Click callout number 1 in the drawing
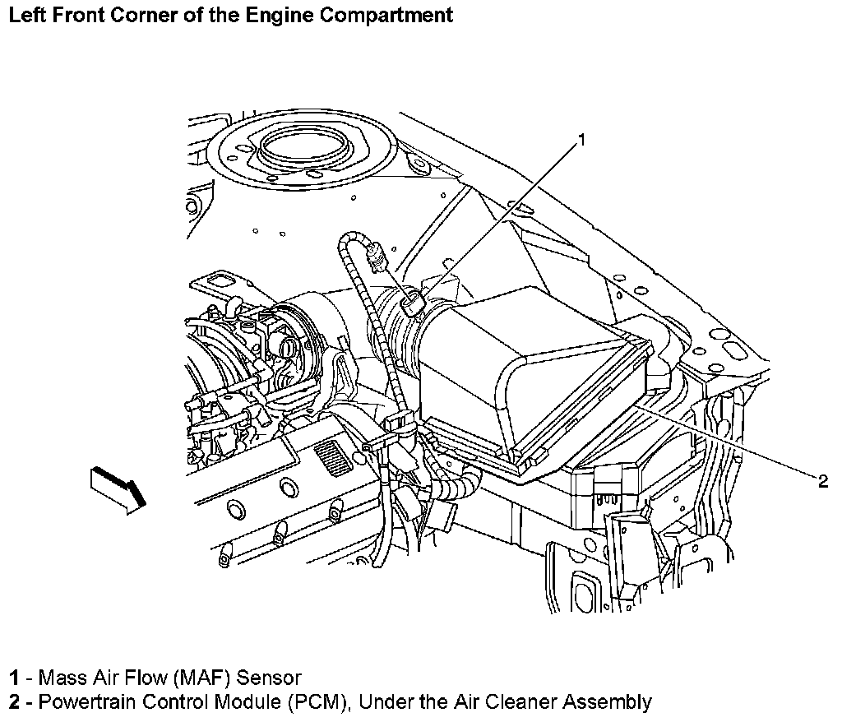coord(581,140)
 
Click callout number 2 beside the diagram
coord(823,482)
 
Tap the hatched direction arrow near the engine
coord(118,489)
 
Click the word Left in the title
coord(25,15)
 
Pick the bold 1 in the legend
coord(15,678)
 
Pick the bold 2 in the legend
coord(15,702)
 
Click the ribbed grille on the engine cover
coord(331,457)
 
